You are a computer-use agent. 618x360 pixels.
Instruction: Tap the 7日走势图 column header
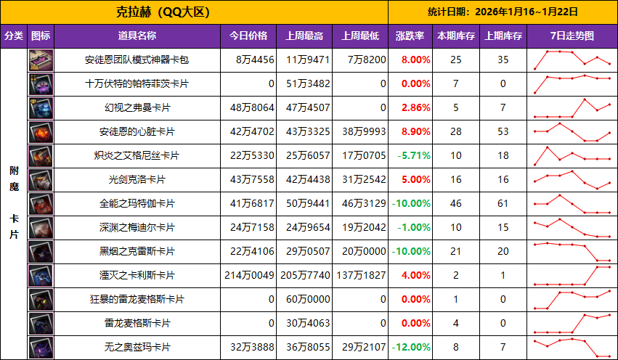point(572,36)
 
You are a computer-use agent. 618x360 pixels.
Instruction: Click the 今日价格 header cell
point(248,36)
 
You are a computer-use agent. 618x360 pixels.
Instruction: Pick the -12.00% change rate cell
point(411,347)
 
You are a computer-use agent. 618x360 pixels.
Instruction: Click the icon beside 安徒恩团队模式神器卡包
point(41,60)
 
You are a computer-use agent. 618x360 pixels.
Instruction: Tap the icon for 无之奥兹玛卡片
point(41,347)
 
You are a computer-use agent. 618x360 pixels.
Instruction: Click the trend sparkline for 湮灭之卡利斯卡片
point(572,275)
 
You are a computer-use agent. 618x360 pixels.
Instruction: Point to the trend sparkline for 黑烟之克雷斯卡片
point(572,251)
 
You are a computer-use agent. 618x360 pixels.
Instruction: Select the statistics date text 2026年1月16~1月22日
point(503,12)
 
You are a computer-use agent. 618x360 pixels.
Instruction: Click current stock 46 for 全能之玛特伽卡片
point(455,203)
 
